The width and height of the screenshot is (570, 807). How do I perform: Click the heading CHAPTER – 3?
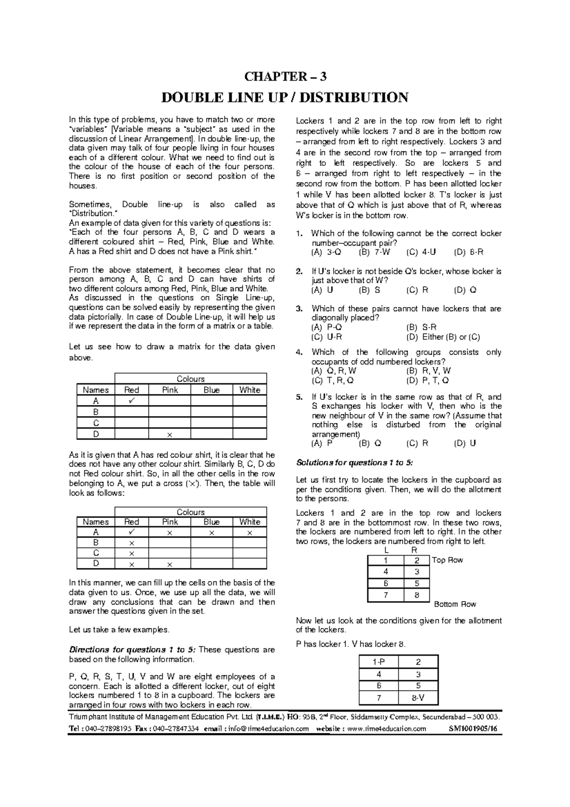(x=285, y=77)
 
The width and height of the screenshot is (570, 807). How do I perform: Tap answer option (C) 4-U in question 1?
(x=425, y=252)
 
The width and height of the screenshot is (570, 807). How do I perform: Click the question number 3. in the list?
(x=299, y=309)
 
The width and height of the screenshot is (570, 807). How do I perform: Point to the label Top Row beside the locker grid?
(x=447, y=560)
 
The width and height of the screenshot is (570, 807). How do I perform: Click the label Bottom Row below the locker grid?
(x=455, y=604)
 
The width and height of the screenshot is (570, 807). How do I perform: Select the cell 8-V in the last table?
(x=418, y=698)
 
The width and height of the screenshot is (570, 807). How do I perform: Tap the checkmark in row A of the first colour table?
(x=132, y=401)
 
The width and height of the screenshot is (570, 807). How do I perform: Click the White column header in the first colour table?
(x=249, y=390)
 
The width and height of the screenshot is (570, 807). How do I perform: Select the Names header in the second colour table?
(x=95, y=522)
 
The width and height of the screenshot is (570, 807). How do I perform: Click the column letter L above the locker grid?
(x=386, y=550)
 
